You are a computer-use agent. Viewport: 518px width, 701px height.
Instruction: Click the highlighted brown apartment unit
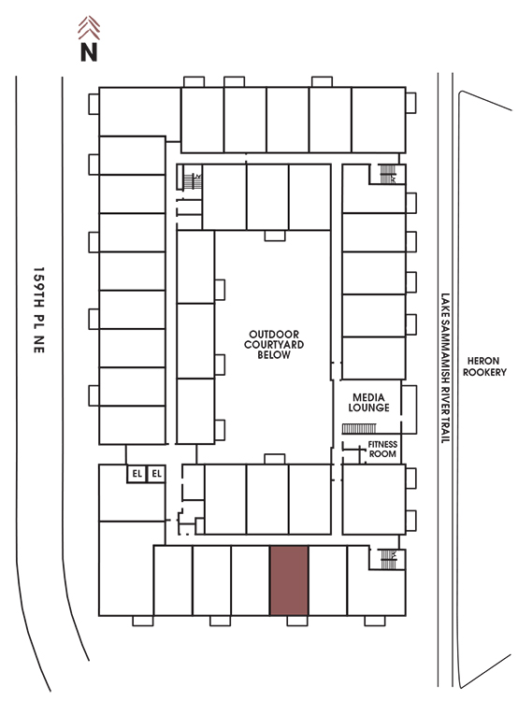click(x=289, y=580)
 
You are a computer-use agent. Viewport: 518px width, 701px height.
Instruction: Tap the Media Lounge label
click(x=368, y=402)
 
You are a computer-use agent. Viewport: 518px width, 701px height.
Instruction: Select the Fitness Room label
click(x=382, y=449)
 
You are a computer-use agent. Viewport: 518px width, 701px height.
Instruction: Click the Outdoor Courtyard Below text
click(x=274, y=344)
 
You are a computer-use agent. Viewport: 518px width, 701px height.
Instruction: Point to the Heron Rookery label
click(x=484, y=366)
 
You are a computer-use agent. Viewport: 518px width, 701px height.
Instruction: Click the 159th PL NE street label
click(x=39, y=310)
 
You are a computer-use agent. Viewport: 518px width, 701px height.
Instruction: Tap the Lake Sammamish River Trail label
click(x=445, y=368)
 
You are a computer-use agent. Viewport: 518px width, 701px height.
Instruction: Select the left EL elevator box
click(x=137, y=474)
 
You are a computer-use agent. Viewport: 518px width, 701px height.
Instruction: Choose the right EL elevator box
click(x=156, y=474)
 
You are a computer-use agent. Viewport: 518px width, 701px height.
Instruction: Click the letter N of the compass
click(x=89, y=51)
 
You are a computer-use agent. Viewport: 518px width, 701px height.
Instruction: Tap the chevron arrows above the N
click(x=89, y=27)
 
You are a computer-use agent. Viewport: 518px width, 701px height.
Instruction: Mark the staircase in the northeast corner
click(x=388, y=174)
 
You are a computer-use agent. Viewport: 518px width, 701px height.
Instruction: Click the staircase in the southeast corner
click(x=388, y=559)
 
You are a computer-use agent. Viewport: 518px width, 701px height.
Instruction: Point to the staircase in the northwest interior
click(x=193, y=180)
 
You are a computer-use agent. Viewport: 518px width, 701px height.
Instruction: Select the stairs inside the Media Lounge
click(x=359, y=429)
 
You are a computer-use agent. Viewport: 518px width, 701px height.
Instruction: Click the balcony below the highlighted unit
click(x=297, y=621)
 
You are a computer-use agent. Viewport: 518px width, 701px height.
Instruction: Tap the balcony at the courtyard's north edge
click(x=275, y=236)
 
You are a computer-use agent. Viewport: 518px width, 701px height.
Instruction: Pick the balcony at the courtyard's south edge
click(x=275, y=459)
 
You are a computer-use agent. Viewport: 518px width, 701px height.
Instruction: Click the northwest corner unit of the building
click(x=139, y=112)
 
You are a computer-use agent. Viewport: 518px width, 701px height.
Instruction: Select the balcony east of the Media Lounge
click(x=409, y=409)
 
